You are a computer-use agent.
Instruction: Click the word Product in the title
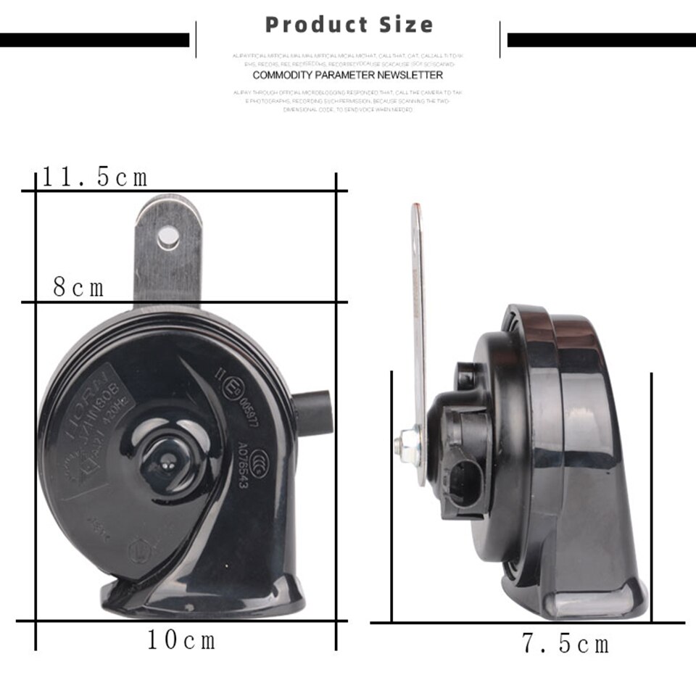tap(316, 25)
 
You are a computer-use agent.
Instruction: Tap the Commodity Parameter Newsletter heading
tap(347, 75)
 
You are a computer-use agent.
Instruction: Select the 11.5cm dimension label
tap(94, 177)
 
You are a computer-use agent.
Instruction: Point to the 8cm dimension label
tap(79, 288)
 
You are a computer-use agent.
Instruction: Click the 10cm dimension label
tap(181, 640)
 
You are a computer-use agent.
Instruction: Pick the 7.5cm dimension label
tap(565, 644)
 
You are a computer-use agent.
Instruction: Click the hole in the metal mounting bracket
tap(168, 236)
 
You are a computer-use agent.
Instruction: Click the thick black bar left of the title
tap(94, 40)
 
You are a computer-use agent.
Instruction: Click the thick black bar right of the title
tap(601, 40)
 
